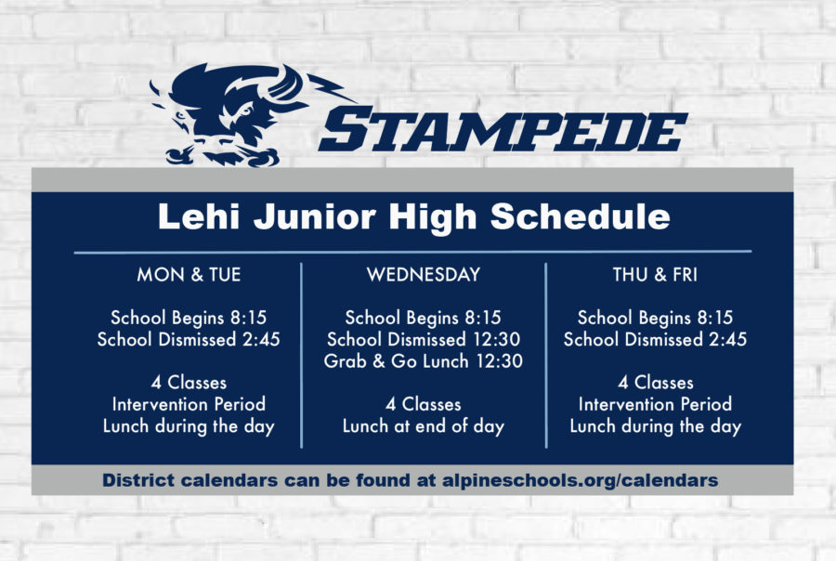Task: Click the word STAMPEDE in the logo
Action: click(503, 130)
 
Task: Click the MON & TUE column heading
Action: click(189, 275)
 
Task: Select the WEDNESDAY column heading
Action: click(424, 275)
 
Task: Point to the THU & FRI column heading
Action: click(655, 275)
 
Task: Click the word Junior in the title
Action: click(315, 217)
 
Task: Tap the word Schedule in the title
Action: click(580, 216)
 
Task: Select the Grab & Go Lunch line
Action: click(424, 361)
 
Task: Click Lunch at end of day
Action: click(424, 426)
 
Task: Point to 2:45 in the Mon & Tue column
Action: click(261, 339)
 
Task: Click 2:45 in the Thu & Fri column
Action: click(728, 339)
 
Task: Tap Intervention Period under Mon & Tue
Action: click(189, 404)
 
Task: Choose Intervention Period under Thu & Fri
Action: click(655, 404)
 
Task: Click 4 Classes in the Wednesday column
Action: click(424, 404)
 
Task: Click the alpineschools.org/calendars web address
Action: click(580, 480)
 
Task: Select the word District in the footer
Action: click(138, 480)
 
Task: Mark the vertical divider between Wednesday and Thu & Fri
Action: click(546, 355)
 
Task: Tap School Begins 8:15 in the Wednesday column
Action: click(424, 318)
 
